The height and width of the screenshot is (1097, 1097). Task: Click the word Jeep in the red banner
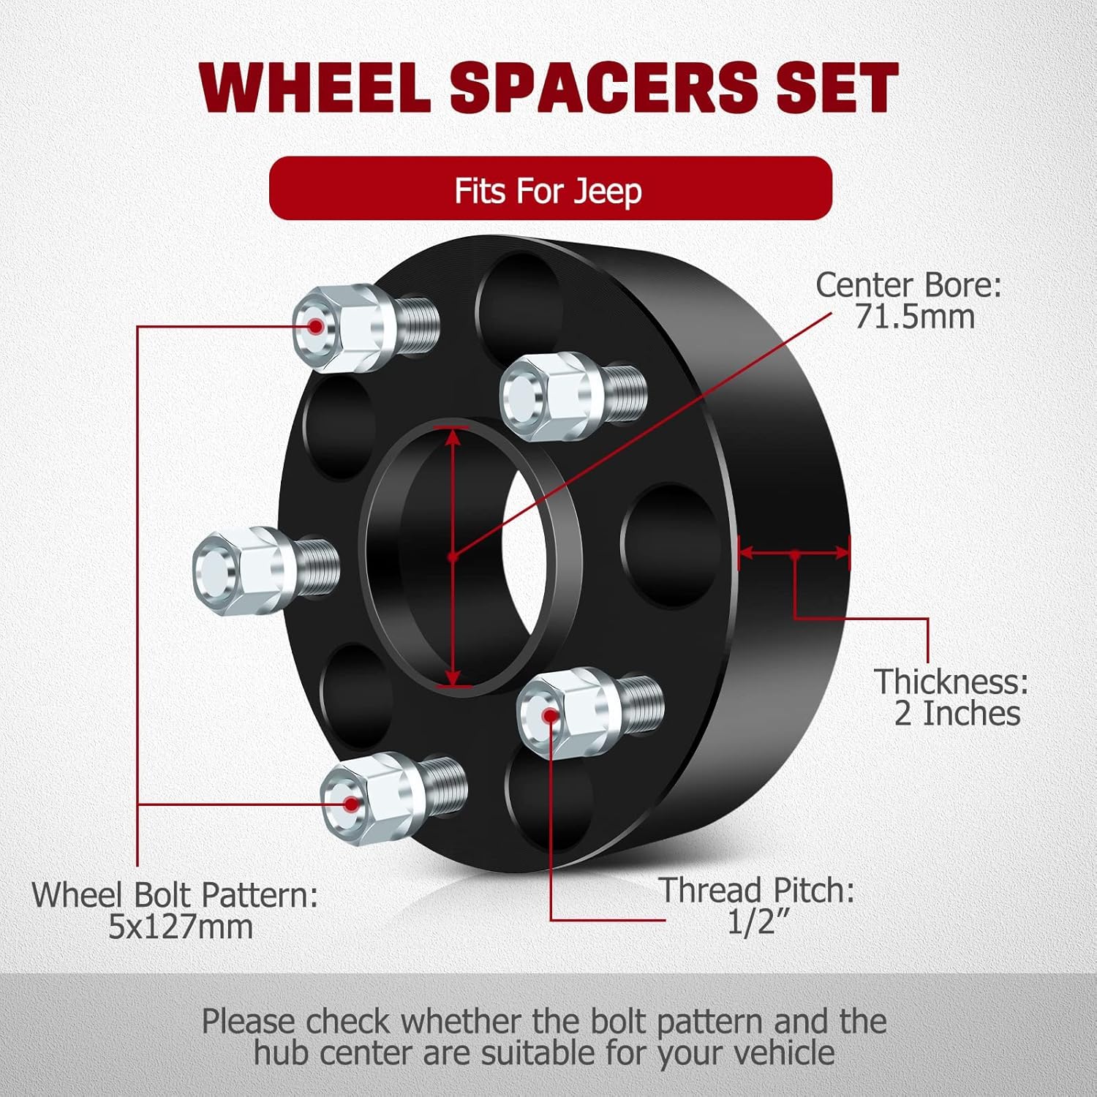[x=607, y=191]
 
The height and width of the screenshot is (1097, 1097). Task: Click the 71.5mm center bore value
[x=914, y=317]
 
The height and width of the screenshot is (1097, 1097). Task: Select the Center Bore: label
[x=908, y=284]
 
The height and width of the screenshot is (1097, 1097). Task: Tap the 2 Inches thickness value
[x=957, y=713]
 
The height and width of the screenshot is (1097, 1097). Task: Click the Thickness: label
[x=951, y=681]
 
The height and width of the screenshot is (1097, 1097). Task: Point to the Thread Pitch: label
[x=757, y=890]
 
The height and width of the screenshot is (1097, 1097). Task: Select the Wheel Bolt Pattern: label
[x=175, y=894]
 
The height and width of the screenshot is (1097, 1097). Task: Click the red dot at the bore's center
[x=453, y=557]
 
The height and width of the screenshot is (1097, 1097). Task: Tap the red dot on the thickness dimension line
[x=795, y=554]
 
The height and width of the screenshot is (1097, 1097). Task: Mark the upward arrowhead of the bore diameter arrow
[x=453, y=436]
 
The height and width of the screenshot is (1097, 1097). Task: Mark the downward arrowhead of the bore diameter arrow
[x=453, y=676]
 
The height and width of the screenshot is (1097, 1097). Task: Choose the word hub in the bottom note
[x=281, y=1053]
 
